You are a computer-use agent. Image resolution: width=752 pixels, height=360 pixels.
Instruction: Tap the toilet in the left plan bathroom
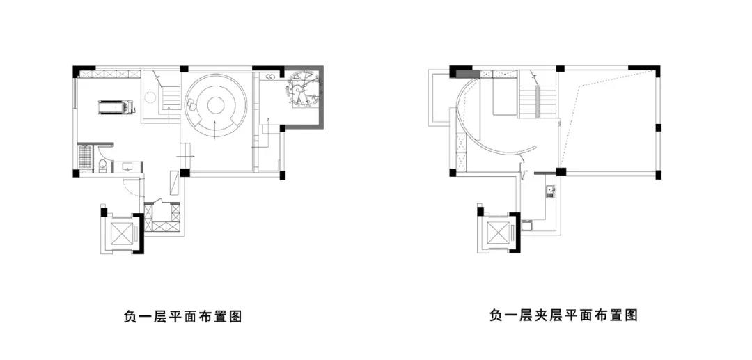pyautogui.click(x=102, y=166)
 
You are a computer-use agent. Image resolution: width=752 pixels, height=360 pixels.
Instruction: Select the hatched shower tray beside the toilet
pyautogui.click(x=85, y=157)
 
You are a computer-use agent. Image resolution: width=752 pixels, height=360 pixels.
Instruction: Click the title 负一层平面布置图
pyautogui.click(x=182, y=317)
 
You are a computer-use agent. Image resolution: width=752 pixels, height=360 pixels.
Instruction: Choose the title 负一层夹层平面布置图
pyautogui.click(x=563, y=315)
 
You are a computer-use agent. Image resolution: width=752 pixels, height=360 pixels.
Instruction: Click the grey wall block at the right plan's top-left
pyautogui.click(x=468, y=74)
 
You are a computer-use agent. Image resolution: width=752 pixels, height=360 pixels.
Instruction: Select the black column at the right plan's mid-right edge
pyautogui.click(x=659, y=127)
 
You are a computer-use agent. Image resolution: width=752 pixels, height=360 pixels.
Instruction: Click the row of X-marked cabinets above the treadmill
pyautogui.click(x=110, y=74)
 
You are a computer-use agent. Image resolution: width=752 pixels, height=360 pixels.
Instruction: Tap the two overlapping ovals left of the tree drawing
pyautogui.click(x=270, y=76)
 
